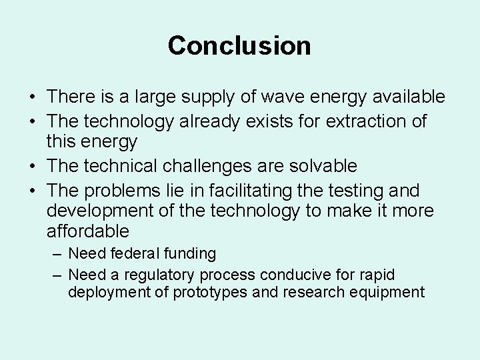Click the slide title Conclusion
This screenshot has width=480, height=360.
239,46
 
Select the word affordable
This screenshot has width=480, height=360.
88,232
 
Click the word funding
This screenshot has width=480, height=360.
193,254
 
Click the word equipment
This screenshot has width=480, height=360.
390,292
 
